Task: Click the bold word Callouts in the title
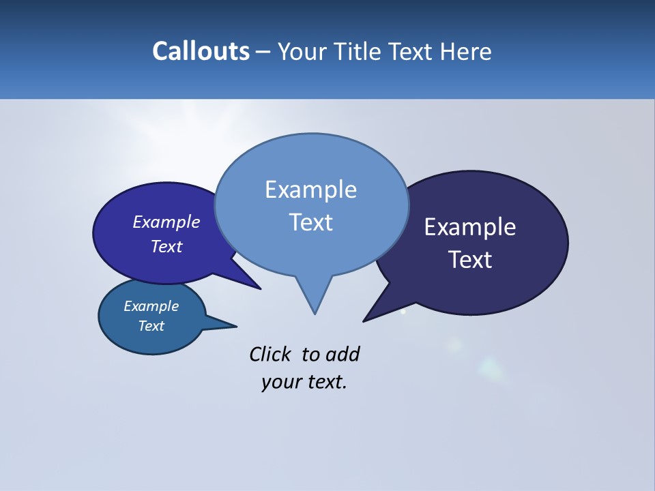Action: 201,51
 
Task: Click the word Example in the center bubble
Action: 310,190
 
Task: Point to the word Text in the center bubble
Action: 310,222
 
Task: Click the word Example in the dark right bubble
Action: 470,227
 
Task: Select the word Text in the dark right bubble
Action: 470,260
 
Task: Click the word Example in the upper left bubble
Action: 166,222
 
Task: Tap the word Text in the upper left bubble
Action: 166,246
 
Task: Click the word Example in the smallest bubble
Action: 151,306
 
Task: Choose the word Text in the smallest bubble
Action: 151,326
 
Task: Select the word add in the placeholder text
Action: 343,354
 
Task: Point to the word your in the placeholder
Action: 280,382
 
